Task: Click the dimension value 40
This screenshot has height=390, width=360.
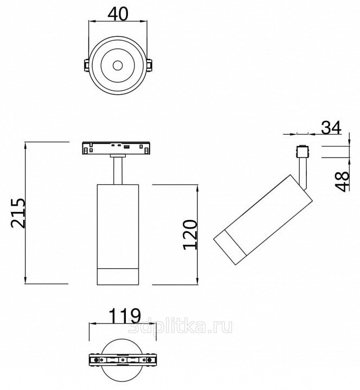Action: [x=118, y=14]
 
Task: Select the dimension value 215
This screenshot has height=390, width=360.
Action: [x=18, y=213]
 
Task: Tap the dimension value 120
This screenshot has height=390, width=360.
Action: [x=190, y=235]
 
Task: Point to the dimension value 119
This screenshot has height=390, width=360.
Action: [x=125, y=316]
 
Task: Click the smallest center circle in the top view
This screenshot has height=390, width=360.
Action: [x=118, y=66]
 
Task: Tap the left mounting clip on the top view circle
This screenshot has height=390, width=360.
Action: [x=86, y=64]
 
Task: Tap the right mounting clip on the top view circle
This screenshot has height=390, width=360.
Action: [x=150, y=64]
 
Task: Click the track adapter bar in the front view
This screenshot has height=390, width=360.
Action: [x=116, y=148]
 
